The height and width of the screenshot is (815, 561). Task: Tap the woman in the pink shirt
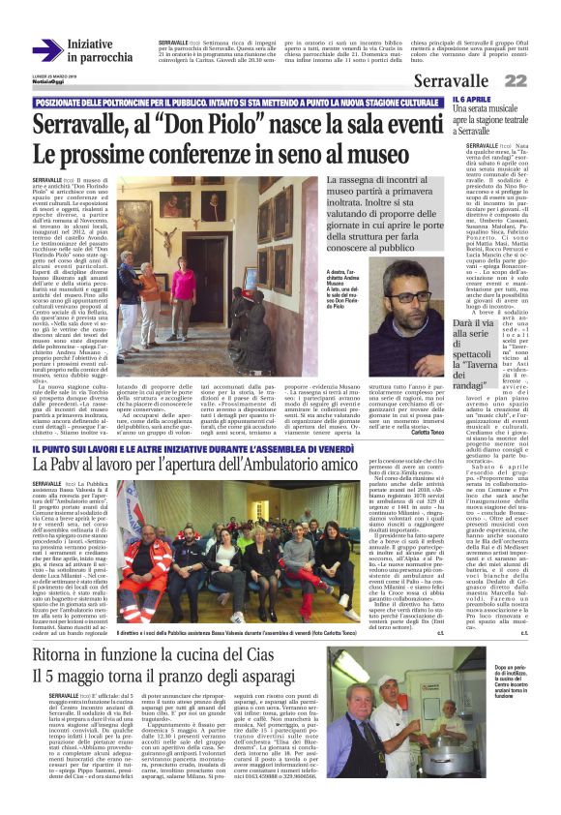click(183, 287)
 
